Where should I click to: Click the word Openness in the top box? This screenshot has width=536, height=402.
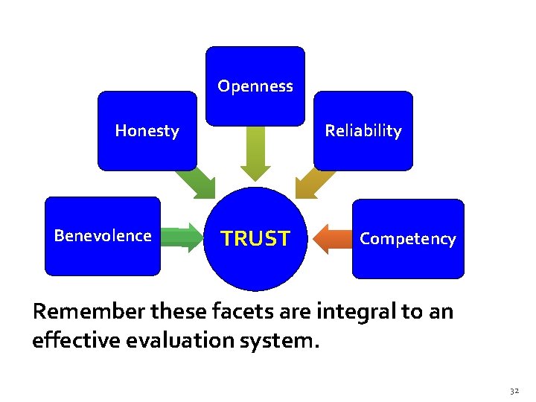(255, 86)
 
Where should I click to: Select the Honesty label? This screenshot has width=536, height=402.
(147, 131)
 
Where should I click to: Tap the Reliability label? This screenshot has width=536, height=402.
(363, 131)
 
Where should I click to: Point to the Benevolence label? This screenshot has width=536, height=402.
(103, 236)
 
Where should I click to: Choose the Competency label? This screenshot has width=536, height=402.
(407, 239)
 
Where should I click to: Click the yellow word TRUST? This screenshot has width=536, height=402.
(255, 239)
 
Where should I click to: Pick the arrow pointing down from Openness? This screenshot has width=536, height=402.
(256, 153)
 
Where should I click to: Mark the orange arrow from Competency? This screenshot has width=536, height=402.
(331, 239)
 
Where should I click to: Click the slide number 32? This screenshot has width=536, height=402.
(514, 391)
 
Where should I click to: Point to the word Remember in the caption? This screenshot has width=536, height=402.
(82, 311)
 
